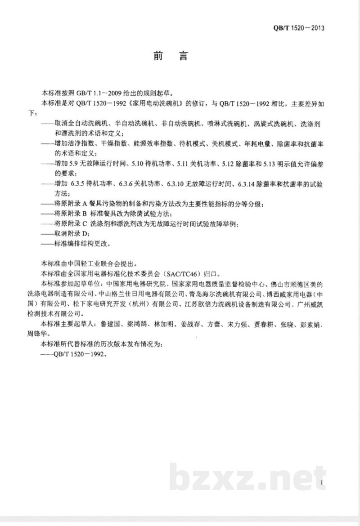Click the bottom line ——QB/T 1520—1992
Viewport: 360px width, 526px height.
pyautogui.click(x=74, y=354)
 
